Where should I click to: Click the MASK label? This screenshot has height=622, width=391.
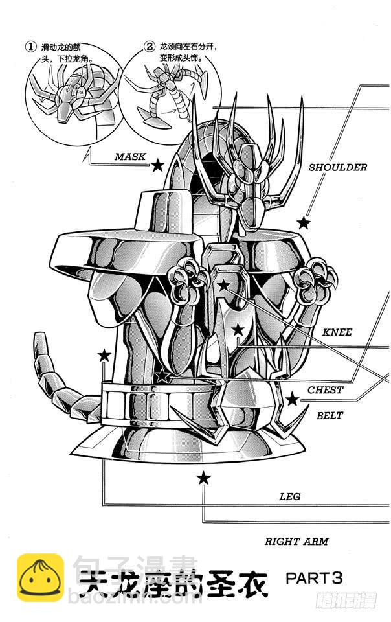pos(131,156)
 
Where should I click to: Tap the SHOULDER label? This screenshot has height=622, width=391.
pos(337,167)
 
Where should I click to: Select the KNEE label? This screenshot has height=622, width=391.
pos(337,332)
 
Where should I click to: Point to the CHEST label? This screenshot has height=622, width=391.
pos(325,390)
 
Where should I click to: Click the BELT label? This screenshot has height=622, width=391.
pos(330,415)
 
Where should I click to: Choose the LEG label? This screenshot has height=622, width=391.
pos(289,497)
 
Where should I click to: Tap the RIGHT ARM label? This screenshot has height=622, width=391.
pos(296,541)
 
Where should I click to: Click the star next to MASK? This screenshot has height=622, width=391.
pos(157,165)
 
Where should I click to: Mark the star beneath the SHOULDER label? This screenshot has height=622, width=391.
pos(303,223)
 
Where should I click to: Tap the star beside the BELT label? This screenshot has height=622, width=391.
pos(292,399)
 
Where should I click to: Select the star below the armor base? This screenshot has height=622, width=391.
pos(204,478)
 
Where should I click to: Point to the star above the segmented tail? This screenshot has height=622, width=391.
pos(104,354)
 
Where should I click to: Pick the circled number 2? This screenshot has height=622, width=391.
pos(149,47)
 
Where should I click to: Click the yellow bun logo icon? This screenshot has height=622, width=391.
pos(40,577)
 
